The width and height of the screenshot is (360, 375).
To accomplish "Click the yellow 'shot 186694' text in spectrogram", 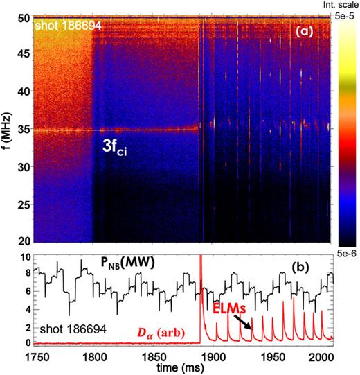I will [64, 26].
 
